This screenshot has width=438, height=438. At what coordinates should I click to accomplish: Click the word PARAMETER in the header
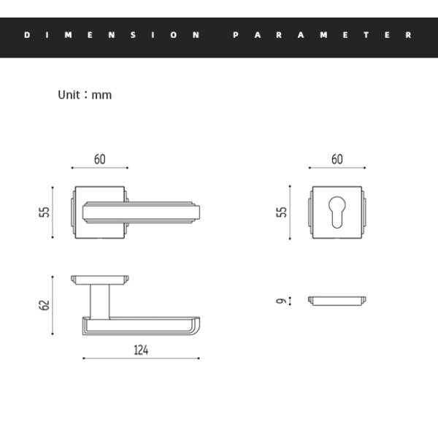[x=322, y=35]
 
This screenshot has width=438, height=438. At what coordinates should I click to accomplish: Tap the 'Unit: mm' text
[x=85, y=95]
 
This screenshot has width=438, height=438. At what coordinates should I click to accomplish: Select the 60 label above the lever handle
[x=101, y=159]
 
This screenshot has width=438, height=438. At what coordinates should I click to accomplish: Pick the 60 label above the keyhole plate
[x=337, y=159]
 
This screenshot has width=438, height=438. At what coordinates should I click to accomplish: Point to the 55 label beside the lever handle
[x=45, y=212]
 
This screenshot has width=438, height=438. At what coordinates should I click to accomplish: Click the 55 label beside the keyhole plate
[x=281, y=212]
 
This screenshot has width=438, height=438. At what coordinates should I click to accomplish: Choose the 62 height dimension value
[x=43, y=306]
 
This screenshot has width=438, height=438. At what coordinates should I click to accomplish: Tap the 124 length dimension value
[x=141, y=350]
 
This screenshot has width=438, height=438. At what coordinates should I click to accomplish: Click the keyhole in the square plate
[x=337, y=210]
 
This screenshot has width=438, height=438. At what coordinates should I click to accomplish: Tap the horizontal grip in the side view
[x=139, y=326]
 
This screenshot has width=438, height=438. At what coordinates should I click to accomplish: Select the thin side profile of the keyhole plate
[x=337, y=300]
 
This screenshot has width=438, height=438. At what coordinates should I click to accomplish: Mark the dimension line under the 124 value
[x=141, y=358]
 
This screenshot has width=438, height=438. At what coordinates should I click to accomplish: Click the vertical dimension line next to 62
[x=53, y=306]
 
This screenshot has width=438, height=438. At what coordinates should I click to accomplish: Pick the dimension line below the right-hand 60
[x=337, y=168]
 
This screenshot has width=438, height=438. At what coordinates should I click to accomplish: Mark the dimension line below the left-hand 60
[x=101, y=168]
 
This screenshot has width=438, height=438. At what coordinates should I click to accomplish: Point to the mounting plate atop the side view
[x=99, y=279]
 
